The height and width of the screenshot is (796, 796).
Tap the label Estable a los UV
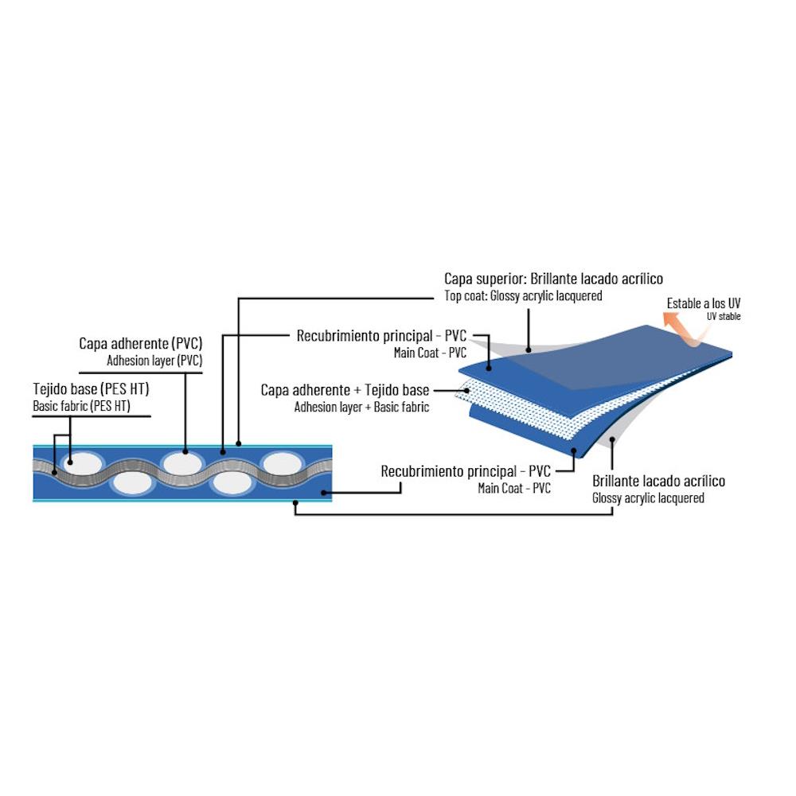pos(704,303)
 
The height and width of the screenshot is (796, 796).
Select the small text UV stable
pos(723,316)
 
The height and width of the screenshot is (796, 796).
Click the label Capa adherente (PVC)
pos(141,343)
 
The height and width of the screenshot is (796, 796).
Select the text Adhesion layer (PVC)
pos(154,360)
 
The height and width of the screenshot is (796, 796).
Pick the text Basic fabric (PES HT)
pos(81,406)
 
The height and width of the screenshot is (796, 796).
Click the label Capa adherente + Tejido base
pos(345,391)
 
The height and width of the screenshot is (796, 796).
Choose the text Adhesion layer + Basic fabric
pos(361,407)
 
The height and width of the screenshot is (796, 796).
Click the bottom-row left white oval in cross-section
pos(133,482)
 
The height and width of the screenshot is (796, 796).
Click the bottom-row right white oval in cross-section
pos(232,482)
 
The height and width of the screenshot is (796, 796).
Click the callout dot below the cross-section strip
pos(295,502)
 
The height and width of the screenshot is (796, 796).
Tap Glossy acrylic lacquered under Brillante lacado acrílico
pos(648,498)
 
